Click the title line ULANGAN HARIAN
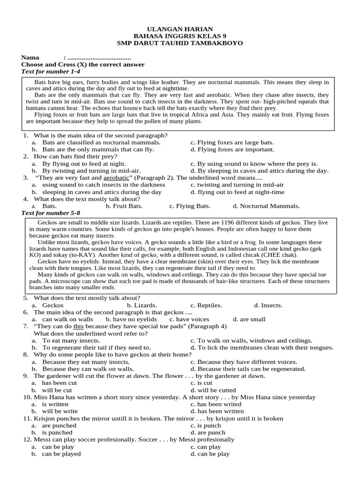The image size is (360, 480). [180, 29]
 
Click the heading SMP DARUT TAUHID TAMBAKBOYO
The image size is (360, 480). [180, 43]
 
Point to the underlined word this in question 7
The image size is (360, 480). [78, 326]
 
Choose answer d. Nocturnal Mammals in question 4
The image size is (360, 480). [266, 206]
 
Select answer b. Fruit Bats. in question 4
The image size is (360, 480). [124, 206]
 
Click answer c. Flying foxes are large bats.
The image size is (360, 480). [232, 142]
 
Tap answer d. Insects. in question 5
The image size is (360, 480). [268, 305]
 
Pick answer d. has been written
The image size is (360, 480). [214, 411]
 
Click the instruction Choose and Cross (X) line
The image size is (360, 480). [83, 64]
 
